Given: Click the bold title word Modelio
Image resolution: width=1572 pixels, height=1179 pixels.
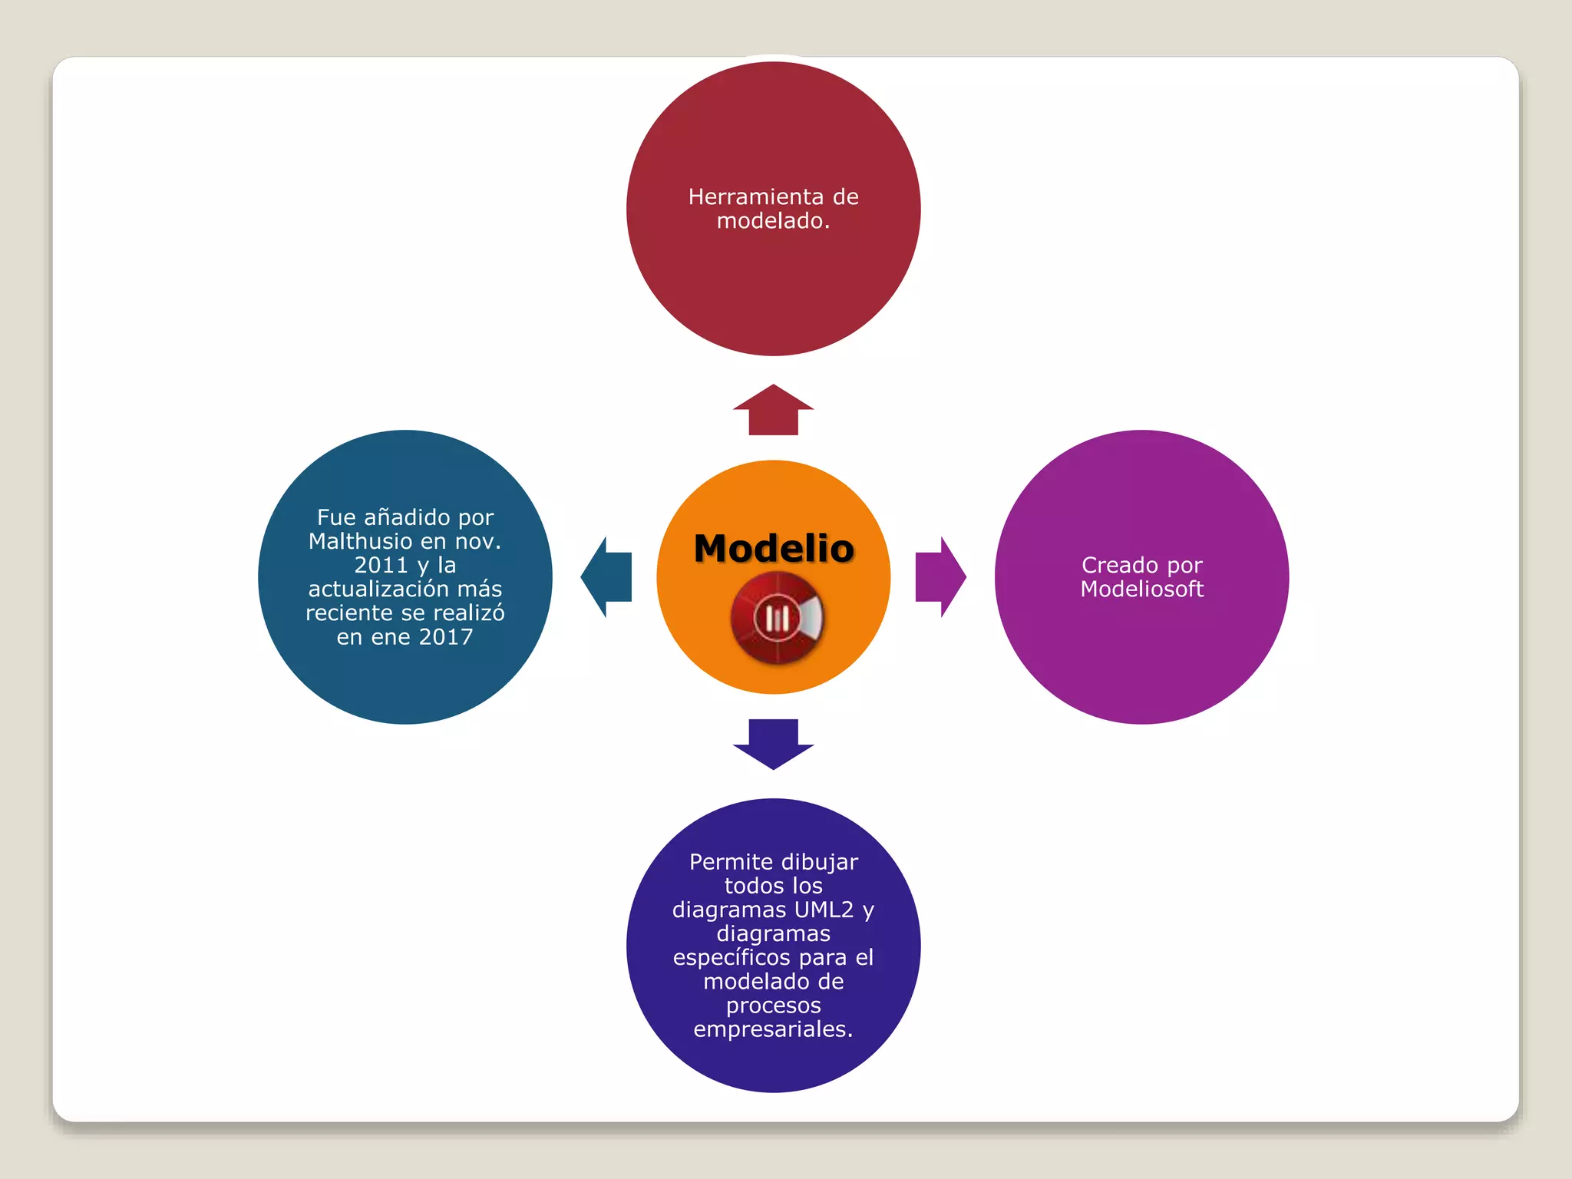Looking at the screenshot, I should pos(774,549).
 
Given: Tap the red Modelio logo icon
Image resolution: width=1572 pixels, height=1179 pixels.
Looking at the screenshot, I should pos(776,618).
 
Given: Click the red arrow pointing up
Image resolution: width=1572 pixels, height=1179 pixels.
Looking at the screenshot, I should pos(773,410).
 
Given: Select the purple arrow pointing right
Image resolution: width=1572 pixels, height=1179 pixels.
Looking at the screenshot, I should pos(940,577).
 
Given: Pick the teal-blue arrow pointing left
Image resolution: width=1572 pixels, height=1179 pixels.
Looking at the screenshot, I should pos(606,577).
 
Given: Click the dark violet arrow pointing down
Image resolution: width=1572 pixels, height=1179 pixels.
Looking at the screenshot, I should pos(773,744).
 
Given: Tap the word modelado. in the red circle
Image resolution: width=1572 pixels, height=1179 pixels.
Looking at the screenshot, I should pos(773,221).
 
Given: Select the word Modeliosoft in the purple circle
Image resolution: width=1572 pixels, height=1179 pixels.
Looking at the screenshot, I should pos(1141,589).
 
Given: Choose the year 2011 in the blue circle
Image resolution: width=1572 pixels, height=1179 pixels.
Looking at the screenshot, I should pos(381,566).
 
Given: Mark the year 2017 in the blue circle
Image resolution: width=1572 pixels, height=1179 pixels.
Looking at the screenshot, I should pos(446,637).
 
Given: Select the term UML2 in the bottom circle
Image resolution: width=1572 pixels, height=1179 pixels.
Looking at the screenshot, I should pos(824,910).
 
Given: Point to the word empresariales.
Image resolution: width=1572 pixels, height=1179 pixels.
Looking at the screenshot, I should pos(773,1029).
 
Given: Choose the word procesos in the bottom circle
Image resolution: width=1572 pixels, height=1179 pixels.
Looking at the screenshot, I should pos(773,1006).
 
